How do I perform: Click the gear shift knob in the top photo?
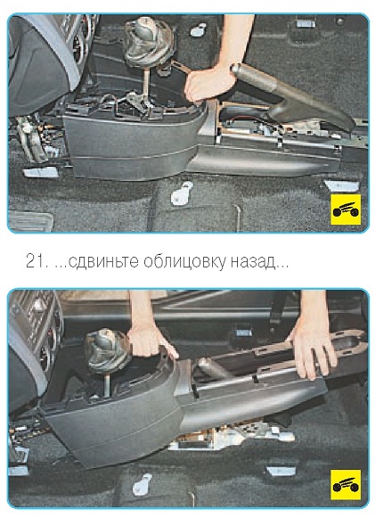(x=150, y=41)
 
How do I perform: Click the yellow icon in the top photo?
(x=346, y=210)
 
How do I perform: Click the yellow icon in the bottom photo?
(x=346, y=485)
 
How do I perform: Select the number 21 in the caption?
(x=34, y=261)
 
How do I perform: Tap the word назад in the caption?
(x=252, y=262)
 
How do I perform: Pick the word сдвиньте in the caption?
(x=103, y=262)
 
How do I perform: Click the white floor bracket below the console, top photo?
(x=182, y=193)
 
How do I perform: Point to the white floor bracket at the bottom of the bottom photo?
(x=142, y=484)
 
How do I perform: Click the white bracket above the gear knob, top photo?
(x=198, y=29)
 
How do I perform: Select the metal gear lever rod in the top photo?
(x=145, y=83)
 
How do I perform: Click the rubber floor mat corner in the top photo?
(x=30, y=221)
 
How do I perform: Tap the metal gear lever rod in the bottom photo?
(x=107, y=384)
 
